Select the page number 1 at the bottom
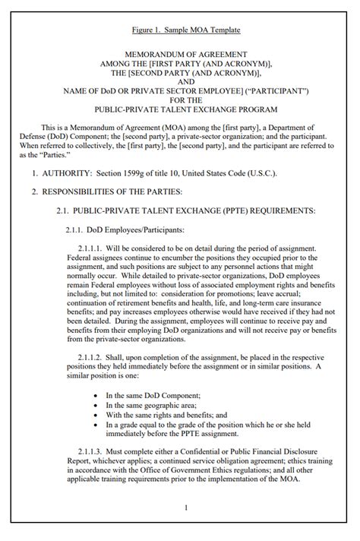tap(185, 508)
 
